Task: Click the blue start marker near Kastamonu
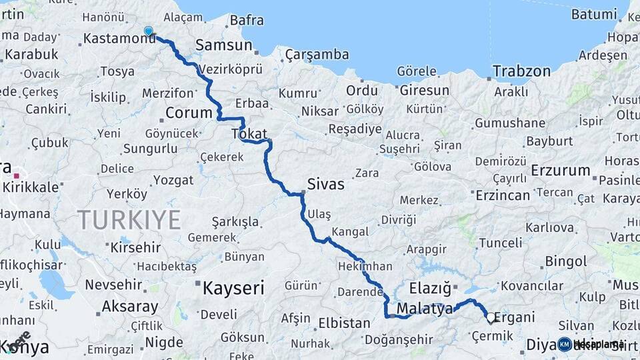[148, 31]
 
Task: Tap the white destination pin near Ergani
[491, 318]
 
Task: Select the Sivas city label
[325, 183]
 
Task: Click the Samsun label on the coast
[223, 45]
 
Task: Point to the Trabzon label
[521, 71]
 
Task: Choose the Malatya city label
[425, 309]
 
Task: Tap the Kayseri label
[233, 289]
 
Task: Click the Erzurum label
[561, 171]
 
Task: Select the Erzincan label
[503, 195]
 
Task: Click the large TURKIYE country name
[129, 219]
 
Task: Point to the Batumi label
[594, 14]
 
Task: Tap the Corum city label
[189, 113]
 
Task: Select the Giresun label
[425, 89]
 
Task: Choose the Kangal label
[350, 232]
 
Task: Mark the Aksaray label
[130, 307]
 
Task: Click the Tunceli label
[501, 243]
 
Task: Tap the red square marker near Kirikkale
[16, 175]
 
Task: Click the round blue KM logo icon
[565, 344]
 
